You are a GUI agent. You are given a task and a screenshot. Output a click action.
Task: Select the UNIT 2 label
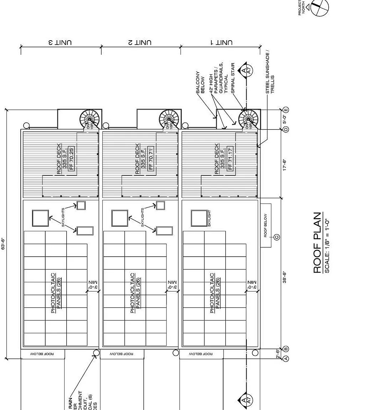[141, 42]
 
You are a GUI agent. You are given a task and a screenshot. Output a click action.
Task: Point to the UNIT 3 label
[61, 42]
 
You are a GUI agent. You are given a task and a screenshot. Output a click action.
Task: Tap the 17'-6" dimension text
[284, 165]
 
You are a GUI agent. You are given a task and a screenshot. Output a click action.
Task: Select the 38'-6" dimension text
[284, 278]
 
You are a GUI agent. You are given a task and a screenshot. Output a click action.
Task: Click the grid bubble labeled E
[286, 110]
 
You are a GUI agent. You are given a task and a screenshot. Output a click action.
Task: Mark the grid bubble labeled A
[286, 358]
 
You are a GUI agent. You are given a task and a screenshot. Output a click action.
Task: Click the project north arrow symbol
[319, 7]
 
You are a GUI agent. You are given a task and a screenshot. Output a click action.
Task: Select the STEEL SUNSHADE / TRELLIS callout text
[270, 73]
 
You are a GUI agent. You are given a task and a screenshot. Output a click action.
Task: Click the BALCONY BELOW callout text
[200, 82]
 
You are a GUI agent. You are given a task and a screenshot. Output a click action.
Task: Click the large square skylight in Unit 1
[199, 218]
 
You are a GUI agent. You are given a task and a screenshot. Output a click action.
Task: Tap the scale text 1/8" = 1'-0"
[327, 246]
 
